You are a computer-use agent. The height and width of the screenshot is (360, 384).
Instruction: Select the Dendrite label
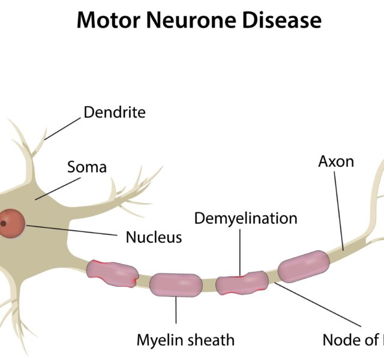coord(114,112)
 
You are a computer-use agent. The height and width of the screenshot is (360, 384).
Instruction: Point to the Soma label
coord(87,166)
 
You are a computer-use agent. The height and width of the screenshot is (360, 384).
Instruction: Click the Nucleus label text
coord(154,238)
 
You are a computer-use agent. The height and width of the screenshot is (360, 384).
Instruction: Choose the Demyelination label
coord(245,218)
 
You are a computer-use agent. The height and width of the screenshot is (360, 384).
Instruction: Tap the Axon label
coord(336,161)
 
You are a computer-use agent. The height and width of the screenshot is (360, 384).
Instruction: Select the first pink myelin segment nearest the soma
coord(113,272)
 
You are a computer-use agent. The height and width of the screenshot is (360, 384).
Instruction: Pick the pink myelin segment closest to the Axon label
coord(304,264)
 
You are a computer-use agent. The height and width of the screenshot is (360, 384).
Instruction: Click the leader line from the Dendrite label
coord(63,128)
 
